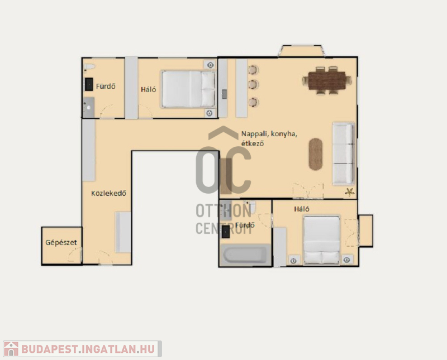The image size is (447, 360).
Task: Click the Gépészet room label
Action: (61, 243)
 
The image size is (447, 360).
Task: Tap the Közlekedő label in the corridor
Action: (108, 193)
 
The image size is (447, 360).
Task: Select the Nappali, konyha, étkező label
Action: (269, 138)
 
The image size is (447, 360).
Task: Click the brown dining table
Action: (327, 80)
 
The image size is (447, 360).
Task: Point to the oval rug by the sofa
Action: (316, 154)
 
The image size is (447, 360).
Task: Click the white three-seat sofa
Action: (344, 153)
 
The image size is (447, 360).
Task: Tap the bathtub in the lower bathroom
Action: (245, 255)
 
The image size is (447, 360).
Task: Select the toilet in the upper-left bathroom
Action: (89, 67)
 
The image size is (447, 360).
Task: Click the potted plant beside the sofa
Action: (350, 192)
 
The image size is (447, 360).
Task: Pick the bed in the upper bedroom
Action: (188, 89)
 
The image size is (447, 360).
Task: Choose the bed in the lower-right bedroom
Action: (322, 240)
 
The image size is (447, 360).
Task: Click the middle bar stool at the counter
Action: (253, 85)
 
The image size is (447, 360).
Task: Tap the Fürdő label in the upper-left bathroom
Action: (106, 86)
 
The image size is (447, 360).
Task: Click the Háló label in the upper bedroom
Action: (148, 89)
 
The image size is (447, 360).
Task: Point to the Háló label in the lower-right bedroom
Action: (302, 209)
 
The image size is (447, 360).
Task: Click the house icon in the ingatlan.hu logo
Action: (11, 349)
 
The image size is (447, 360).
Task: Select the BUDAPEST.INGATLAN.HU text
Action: (88, 349)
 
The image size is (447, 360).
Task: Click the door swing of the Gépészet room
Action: (75, 255)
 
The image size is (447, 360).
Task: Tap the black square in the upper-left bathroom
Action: (89, 84)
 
